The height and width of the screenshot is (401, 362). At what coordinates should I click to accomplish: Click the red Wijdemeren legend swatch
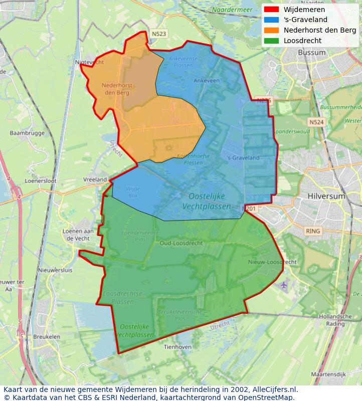pos(271,10)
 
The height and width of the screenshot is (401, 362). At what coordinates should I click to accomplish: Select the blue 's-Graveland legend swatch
pos(271,20)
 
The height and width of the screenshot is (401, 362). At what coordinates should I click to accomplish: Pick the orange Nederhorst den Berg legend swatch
pos(271,30)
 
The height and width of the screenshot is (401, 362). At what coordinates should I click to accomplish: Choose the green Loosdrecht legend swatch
pos(271,41)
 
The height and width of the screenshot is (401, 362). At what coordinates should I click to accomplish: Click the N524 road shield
pos(316,122)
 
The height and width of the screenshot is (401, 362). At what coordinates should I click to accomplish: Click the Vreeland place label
pos(95,179)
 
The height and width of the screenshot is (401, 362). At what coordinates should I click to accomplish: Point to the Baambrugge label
pos(27,133)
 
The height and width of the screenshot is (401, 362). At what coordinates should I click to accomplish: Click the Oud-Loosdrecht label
pos(181,243)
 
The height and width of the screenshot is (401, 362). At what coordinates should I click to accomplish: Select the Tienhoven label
pos(177,347)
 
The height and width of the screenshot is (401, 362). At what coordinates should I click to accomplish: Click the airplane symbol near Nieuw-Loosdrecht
pos(284,285)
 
